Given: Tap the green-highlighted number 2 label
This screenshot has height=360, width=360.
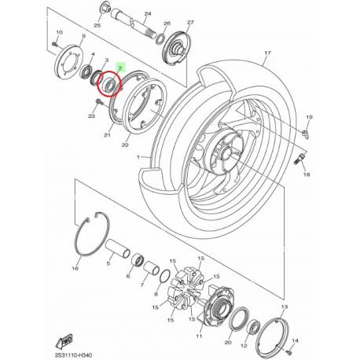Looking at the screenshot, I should [x=119, y=70].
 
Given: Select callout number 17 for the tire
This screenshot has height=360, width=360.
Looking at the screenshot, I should [x=266, y=53].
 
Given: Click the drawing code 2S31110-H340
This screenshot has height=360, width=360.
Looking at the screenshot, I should [x=78, y=351].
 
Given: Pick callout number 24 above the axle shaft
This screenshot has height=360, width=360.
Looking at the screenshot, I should [x=147, y=13].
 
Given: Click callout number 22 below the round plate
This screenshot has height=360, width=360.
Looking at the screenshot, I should [x=125, y=145].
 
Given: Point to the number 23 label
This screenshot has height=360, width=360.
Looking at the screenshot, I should [x=92, y=117].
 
